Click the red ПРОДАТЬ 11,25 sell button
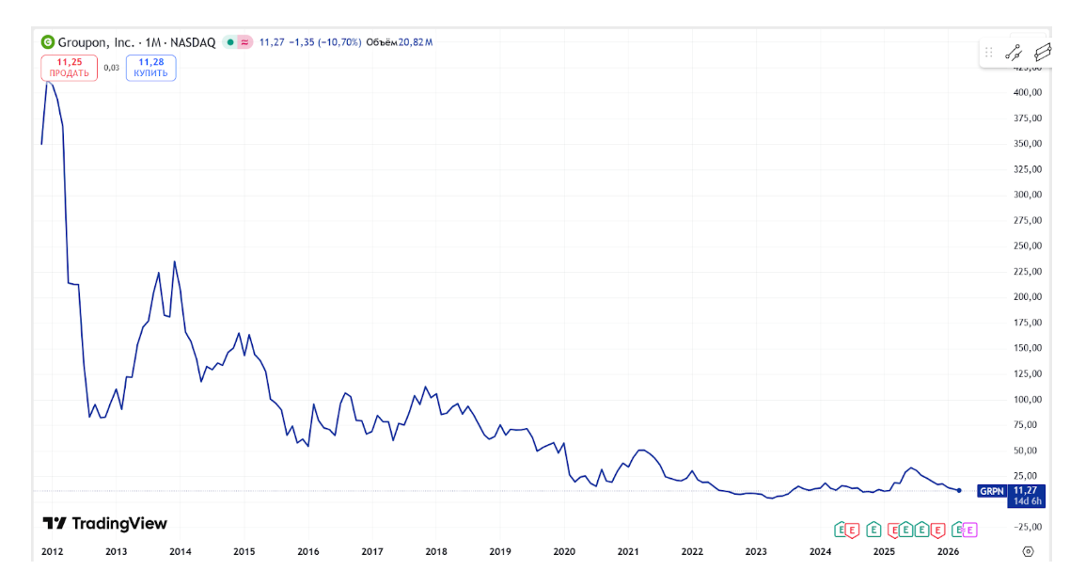click(69, 68)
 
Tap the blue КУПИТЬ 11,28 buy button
click(151, 68)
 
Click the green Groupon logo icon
click(48, 42)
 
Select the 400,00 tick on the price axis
click(1027, 92)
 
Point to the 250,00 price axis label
click(1027, 245)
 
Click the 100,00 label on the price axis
click(1027, 399)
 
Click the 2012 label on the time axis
click(52, 552)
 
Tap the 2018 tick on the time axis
click(435, 552)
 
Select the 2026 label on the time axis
click(948, 552)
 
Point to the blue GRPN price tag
click(992, 491)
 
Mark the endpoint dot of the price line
click(958, 490)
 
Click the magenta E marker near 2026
click(970, 530)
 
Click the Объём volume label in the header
click(381, 42)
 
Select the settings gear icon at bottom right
click(1028, 552)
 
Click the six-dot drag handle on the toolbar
click(988, 53)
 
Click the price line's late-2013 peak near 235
click(175, 261)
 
